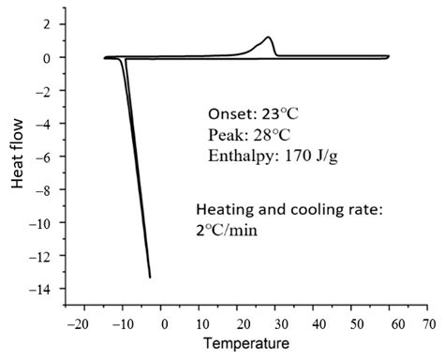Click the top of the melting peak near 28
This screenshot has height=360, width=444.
tap(269, 37)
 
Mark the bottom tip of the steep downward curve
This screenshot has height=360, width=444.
tap(150, 277)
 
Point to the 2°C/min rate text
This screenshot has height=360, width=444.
tap(230, 226)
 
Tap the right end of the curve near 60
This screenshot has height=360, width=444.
tap(389, 57)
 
